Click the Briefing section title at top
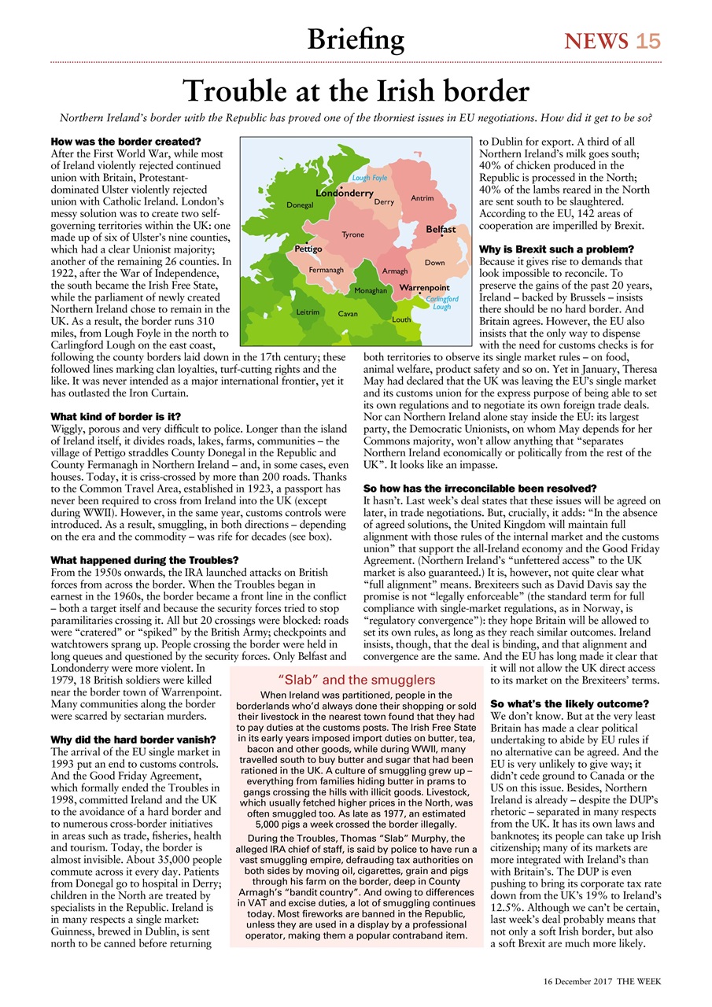coord(356,39)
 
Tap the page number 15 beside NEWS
coord(649,41)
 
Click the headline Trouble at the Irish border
coord(356,91)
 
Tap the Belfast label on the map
coord(441,229)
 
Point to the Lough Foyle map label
coord(370,179)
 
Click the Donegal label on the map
coord(300,205)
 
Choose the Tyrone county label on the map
coord(352,234)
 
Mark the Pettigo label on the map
coord(308,249)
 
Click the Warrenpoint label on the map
coord(424,288)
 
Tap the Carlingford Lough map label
coord(441,303)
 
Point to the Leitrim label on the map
coord(307,312)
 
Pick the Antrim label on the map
coord(422,198)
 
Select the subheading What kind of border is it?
coord(116,415)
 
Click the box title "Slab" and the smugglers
coord(356,679)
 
